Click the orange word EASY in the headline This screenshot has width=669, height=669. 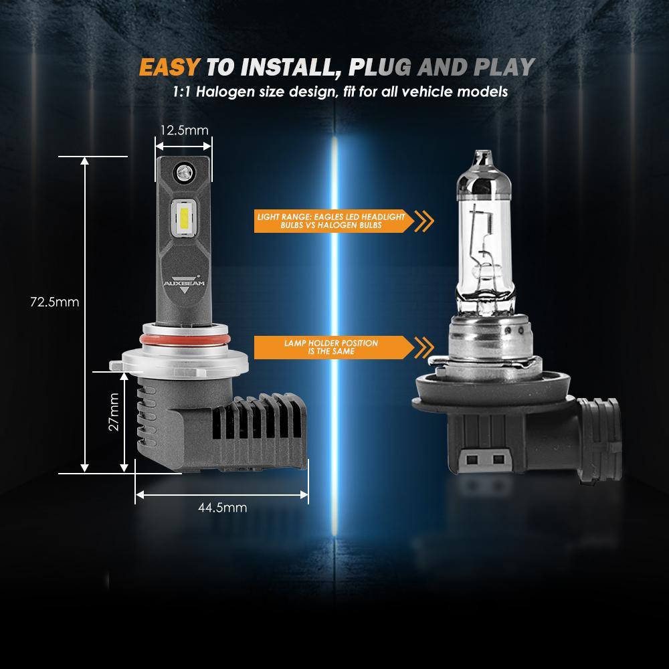point(169,68)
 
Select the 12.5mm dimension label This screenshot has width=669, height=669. point(184,130)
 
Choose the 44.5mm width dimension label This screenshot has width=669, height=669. point(222,508)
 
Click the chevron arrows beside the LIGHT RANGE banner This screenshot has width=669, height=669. point(424,221)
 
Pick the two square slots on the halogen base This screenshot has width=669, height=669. point(486,460)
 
